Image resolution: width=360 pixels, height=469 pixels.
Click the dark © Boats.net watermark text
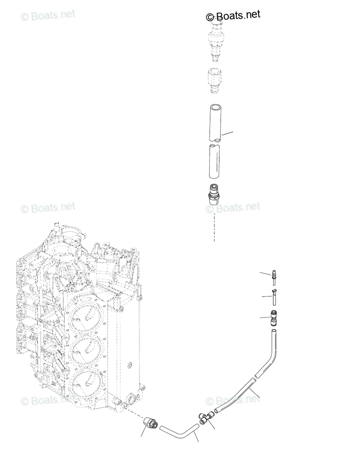[x=233, y=16]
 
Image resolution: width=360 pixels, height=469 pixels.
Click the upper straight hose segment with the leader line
[x=214, y=123]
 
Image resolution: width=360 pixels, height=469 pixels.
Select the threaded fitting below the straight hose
[x=214, y=193]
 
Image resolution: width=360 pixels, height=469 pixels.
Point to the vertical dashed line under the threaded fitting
[x=214, y=227]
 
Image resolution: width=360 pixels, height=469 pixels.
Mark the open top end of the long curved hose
[x=274, y=332]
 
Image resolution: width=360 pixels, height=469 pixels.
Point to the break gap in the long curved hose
[x=254, y=378]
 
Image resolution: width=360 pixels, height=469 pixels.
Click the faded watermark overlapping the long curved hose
[x=233, y=400]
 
